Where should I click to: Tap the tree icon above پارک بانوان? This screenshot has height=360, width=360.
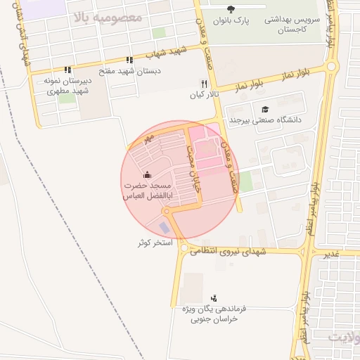pyautogui.click(x=231, y=8)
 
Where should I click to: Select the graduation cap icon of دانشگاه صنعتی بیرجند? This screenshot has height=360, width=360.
pyautogui.click(x=265, y=109)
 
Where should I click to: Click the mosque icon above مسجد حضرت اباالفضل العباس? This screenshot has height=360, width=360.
pyautogui.click(x=147, y=174)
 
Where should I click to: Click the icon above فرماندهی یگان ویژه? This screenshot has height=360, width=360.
pyautogui.click(x=214, y=297)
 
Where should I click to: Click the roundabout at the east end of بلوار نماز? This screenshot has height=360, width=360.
pyautogui.click(x=331, y=67)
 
